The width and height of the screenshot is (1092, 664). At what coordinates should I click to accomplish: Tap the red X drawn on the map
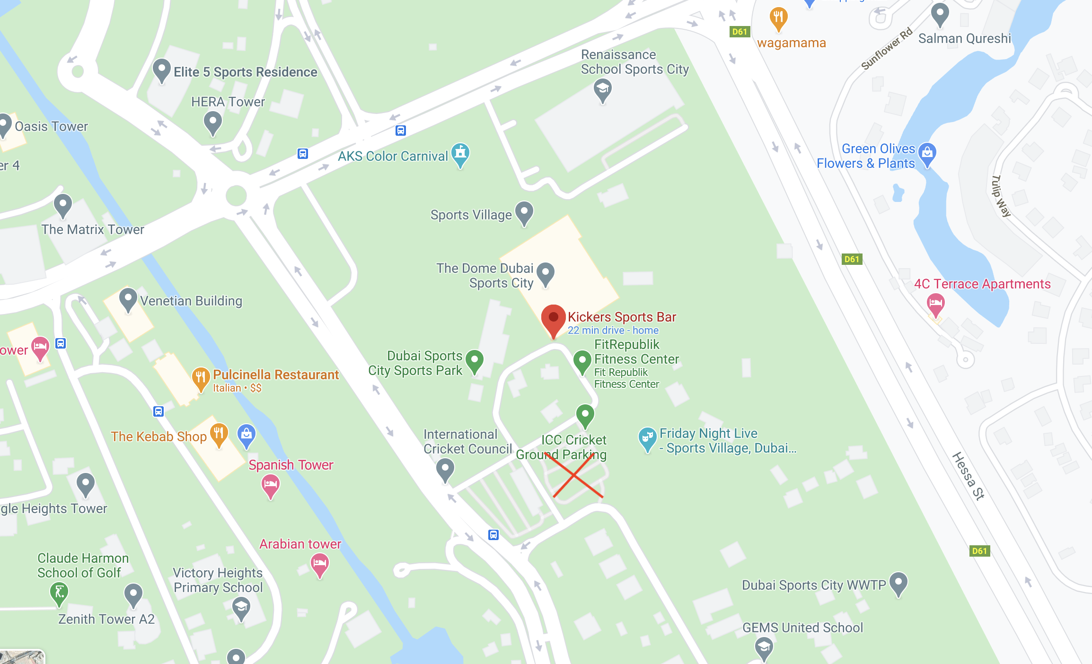(574, 475)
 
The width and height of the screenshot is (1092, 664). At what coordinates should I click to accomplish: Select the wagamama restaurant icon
(778, 18)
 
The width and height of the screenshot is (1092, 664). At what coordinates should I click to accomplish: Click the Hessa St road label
(968, 476)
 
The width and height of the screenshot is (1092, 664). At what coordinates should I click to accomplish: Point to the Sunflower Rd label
(886, 49)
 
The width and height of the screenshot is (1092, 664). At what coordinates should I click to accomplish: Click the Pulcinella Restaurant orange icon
(201, 378)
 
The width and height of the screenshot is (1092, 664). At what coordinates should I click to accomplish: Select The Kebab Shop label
(159, 437)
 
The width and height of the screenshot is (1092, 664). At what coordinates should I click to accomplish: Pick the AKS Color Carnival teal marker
(460, 154)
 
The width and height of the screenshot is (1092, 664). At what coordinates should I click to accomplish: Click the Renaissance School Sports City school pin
(602, 89)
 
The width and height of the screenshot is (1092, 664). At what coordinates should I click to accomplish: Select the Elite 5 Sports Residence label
(245, 72)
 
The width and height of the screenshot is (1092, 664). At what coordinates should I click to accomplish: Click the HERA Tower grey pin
(212, 122)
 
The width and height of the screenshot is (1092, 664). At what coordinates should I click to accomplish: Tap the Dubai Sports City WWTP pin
(898, 583)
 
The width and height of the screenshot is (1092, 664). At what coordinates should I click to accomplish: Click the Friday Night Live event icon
(647, 438)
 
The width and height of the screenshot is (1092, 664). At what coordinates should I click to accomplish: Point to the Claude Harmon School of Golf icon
(59, 593)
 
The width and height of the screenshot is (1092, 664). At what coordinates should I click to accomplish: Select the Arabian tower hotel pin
(320, 564)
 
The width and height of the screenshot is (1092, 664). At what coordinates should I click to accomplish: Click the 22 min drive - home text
(613, 330)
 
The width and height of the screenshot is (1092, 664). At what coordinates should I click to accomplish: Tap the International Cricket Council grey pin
(445, 469)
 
